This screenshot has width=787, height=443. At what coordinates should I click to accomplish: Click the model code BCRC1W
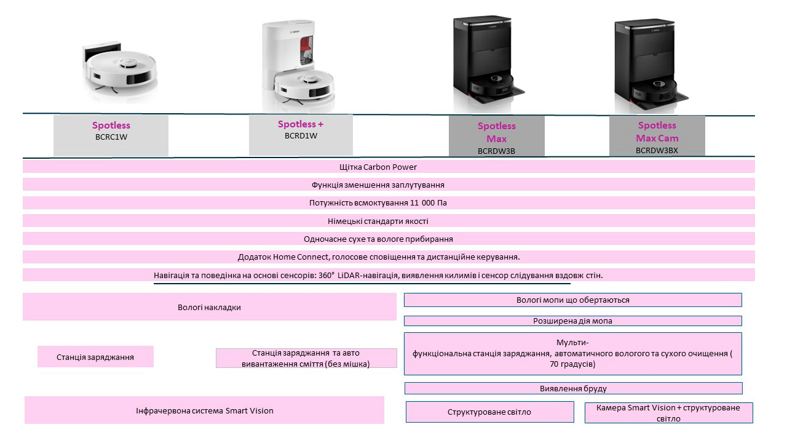tap(111, 137)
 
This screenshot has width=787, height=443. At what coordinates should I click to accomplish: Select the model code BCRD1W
tap(301, 136)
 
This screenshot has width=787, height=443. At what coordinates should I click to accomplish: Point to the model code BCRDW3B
tap(496, 151)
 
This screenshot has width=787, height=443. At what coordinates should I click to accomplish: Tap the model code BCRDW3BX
tap(657, 151)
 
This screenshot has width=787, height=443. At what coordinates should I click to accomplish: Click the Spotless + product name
tap(301, 124)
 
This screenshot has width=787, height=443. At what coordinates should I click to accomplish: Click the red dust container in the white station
tap(306, 50)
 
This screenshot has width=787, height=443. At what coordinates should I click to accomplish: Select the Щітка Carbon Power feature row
tap(389, 167)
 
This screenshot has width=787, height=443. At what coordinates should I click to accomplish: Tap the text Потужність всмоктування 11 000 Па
tap(378, 203)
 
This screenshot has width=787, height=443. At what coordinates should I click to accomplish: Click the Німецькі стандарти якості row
tap(389, 221)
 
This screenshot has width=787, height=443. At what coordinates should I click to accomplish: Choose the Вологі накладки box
tap(210, 307)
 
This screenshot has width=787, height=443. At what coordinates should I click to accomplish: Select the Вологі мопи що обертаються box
tap(572, 300)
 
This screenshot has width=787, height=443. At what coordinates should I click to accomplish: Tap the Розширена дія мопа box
tap(572, 321)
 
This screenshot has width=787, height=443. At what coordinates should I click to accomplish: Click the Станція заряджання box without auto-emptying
tap(95, 357)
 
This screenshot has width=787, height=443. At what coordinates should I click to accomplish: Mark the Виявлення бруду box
tap(574, 388)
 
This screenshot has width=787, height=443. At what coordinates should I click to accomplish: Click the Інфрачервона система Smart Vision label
tap(205, 410)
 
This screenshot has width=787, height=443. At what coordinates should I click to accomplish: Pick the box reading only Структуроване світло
tap(490, 412)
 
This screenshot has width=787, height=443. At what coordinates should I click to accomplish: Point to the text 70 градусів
tap(572, 364)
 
